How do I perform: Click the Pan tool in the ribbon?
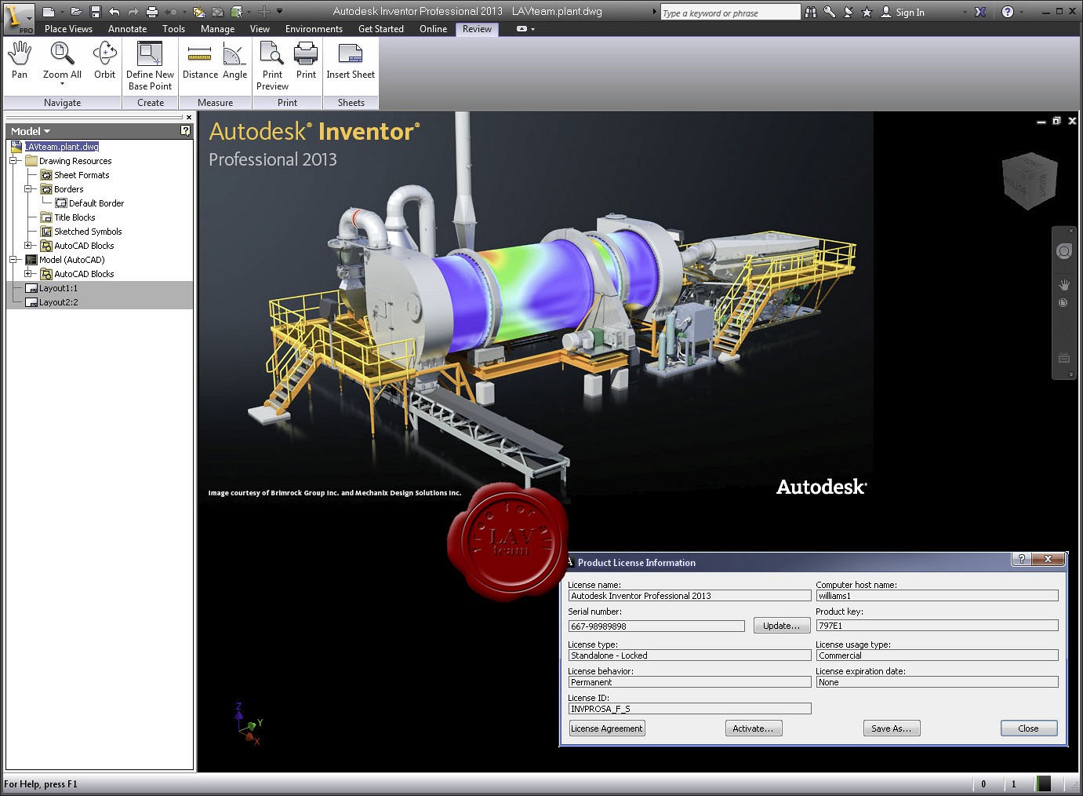(20, 60)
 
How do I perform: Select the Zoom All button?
(62, 60)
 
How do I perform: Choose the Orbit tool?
(104, 60)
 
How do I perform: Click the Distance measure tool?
(200, 60)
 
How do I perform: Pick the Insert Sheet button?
(351, 60)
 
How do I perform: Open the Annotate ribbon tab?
(127, 29)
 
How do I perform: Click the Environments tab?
(314, 29)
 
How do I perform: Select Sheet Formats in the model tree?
(82, 175)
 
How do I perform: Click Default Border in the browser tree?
(96, 203)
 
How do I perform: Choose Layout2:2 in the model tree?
(58, 302)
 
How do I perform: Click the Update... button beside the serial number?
(781, 626)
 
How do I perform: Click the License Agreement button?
(607, 728)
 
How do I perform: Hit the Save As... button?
(892, 728)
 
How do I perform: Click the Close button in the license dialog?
(1028, 728)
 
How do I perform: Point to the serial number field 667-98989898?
(656, 626)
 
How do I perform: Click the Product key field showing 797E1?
(936, 626)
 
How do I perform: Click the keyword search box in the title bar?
(729, 13)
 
